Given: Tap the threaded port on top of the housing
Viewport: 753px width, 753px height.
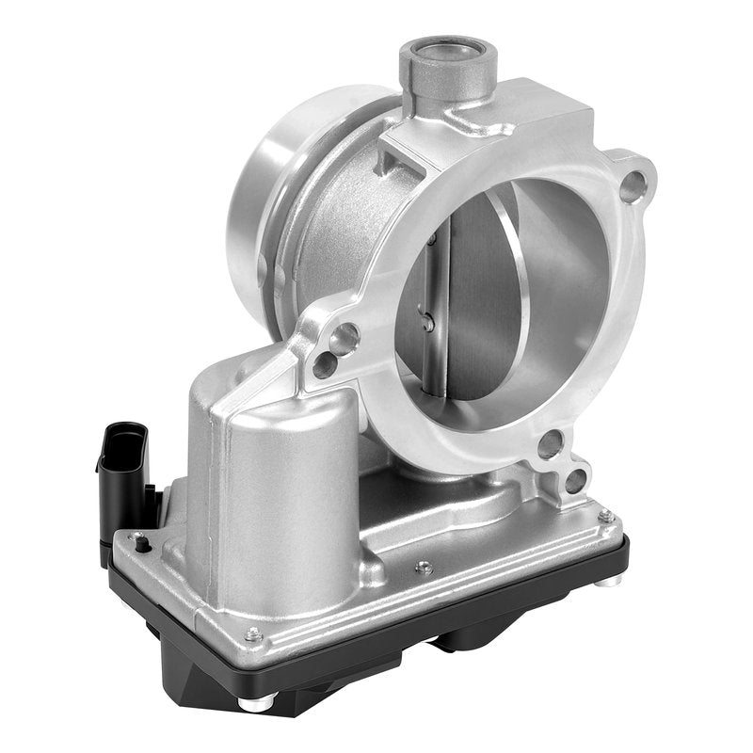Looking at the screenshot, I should (x=448, y=58).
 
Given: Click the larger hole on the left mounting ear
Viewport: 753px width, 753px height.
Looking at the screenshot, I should (x=345, y=337).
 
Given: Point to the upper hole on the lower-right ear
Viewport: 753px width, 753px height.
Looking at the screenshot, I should (x=551, y=443).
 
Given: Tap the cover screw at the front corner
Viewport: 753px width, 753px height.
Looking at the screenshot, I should (x=251, y=635).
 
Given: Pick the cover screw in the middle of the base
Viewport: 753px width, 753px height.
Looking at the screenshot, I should (x=425, y=568).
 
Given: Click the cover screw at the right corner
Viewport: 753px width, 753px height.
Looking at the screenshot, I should (x=605, y=516).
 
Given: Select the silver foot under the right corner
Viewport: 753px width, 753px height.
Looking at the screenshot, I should (x=610, y=579).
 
